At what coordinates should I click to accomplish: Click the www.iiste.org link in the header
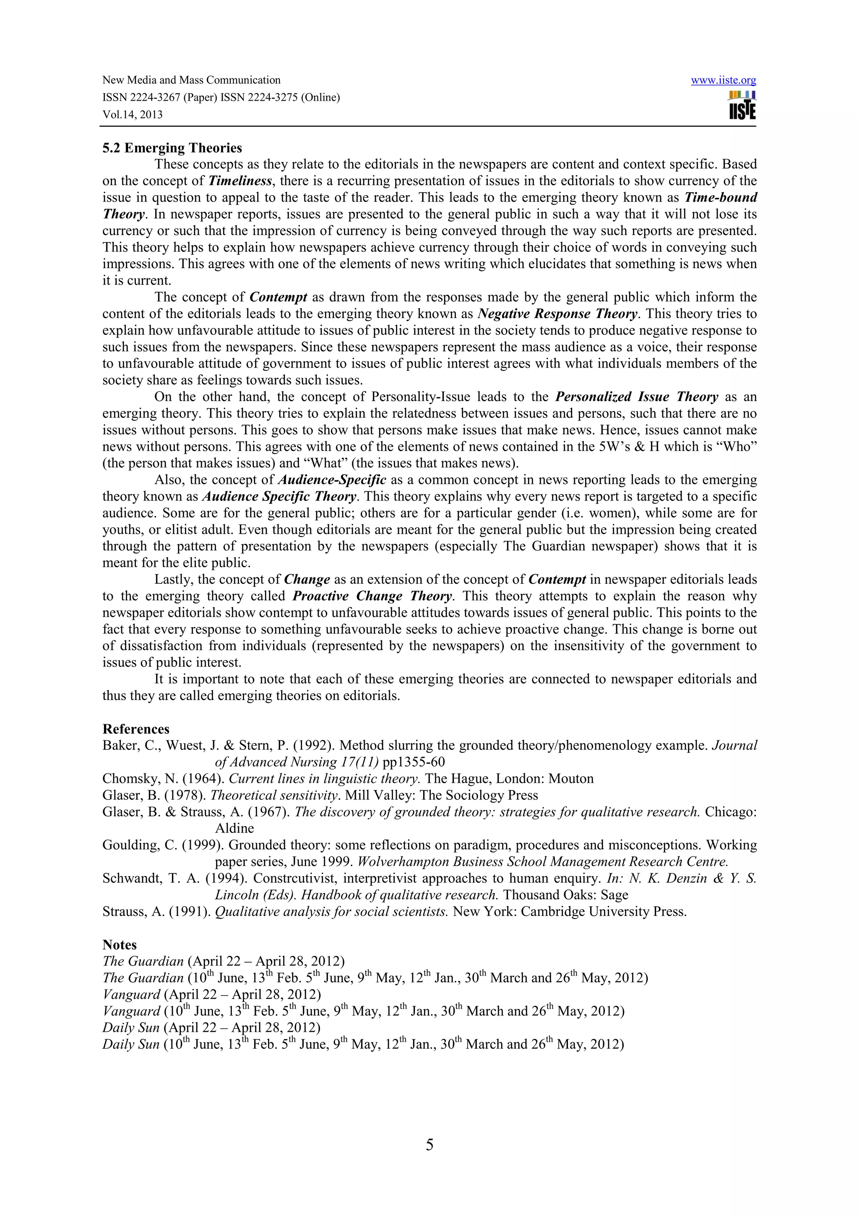[x=723, y=81]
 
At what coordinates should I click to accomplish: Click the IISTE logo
[x=742, y=105]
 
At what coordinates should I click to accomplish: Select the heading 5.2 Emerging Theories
[x=172, y=148]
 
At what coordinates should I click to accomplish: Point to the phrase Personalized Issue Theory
[x=637, y=397]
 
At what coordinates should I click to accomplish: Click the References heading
[x=136, y=729]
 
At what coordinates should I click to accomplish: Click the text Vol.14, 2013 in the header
[x=132, y=115]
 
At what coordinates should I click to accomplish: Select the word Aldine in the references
[x=234, y=828]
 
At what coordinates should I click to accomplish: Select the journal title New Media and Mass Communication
[x=191, y=81]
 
